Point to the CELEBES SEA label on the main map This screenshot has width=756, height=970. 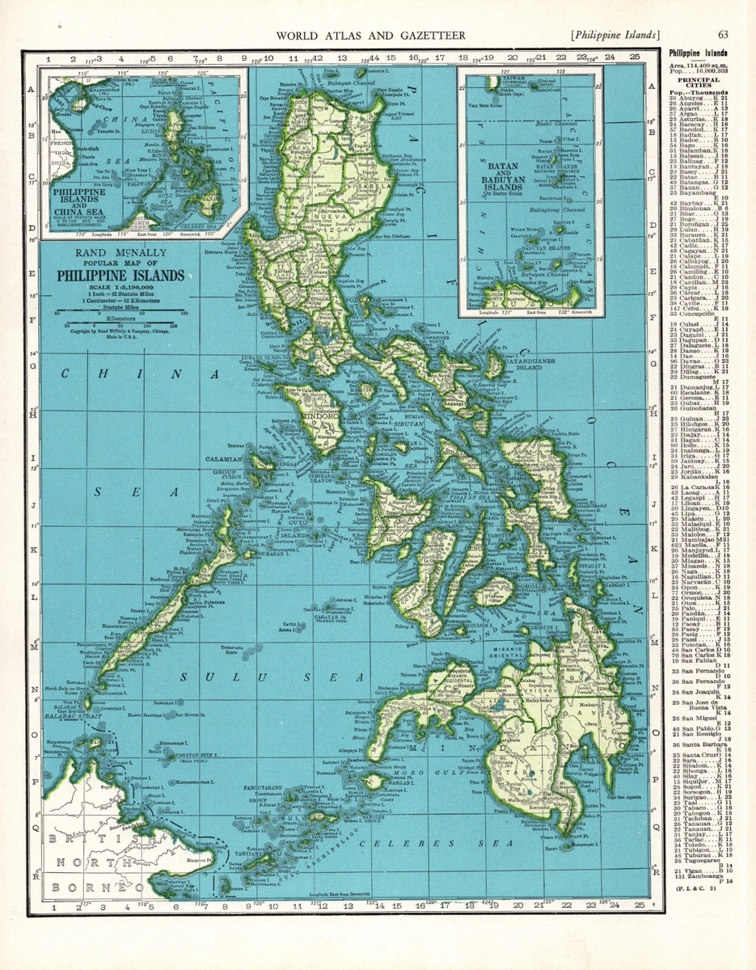(453, 842)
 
